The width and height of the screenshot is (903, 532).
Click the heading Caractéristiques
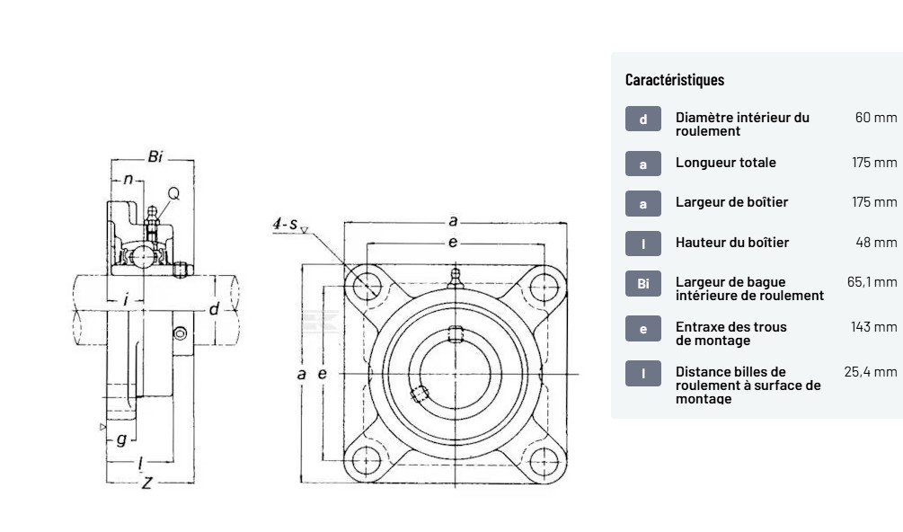coord(674,80)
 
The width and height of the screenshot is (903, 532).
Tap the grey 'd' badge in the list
coord(642,119)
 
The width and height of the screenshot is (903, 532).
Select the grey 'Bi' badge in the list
coord(642,284)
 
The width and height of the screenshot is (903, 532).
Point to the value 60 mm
coord(875,118)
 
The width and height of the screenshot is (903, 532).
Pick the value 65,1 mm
coord(872,282)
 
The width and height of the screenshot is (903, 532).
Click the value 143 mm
coord(873,326)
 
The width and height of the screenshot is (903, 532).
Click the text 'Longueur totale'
coord(725,163)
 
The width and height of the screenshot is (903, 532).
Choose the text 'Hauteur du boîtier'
coord(731,243)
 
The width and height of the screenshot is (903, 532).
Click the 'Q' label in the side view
coord(173,193)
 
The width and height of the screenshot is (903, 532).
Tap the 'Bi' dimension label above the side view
coord(155,157)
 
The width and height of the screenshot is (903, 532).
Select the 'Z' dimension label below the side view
coord(146,483)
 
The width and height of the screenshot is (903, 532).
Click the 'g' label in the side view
coord(121,439)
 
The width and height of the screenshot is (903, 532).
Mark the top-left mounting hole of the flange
coord(365,286)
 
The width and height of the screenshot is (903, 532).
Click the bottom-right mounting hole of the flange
coord(544,461)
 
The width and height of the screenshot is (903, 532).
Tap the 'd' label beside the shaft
coord(213,310)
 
